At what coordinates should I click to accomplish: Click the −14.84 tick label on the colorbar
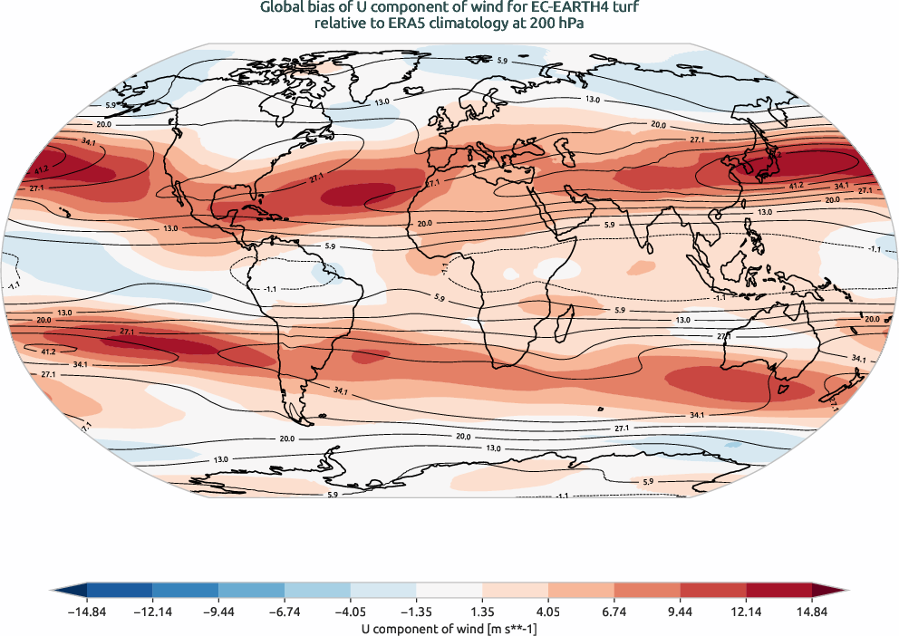(x=87, y=613)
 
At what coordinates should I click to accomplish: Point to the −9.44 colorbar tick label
(x=218, y=613)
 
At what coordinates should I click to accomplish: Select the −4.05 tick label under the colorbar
(x=351, y=613)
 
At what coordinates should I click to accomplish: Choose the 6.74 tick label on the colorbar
(x=614, y=613)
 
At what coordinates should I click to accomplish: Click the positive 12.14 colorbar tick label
(x=746, y=613)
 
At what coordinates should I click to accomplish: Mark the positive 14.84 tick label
(x=812, y=613)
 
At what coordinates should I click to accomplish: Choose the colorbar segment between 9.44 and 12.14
(x=713, y=591)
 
